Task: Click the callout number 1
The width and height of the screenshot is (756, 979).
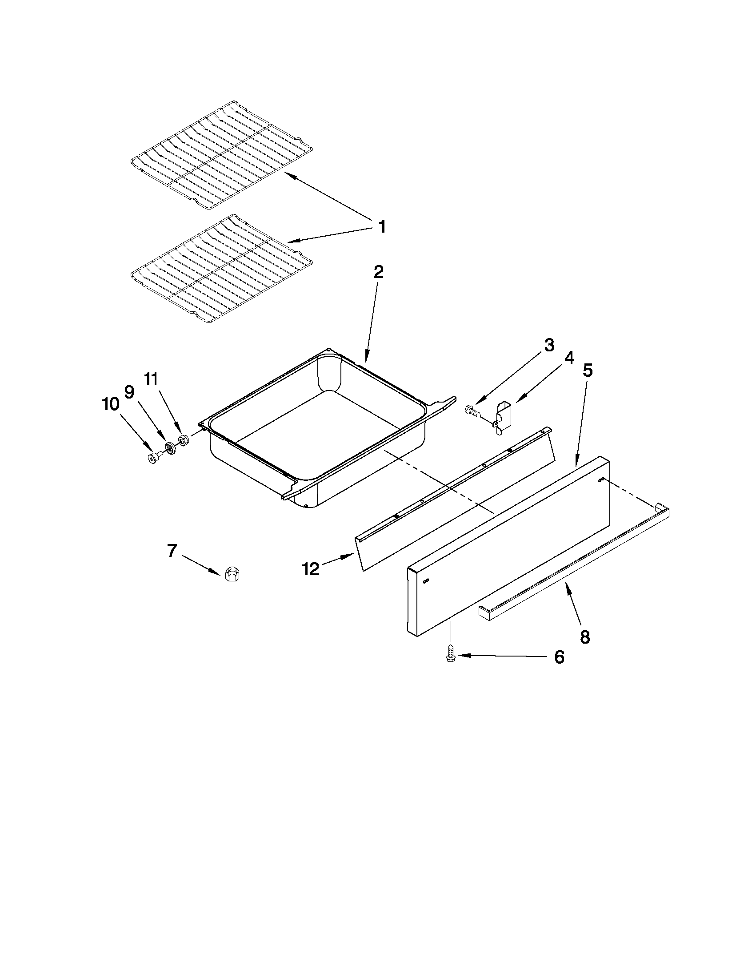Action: click(x=382, y=226)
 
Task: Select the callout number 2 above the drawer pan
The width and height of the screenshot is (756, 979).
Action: click(x=379, y=272)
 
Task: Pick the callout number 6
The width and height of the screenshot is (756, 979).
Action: click(x=559, y=657)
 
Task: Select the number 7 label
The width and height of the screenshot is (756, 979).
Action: click(x=172, y=551)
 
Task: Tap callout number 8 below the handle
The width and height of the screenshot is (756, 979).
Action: click(x=585, y=637)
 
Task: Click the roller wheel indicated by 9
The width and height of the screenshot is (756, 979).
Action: click(x=170, y=447)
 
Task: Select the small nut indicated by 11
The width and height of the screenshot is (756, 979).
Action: click(x=183, y=440)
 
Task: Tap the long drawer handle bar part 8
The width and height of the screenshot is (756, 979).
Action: click(x=573, y=566)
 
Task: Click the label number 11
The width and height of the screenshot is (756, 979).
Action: click(x=151, y=380)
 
